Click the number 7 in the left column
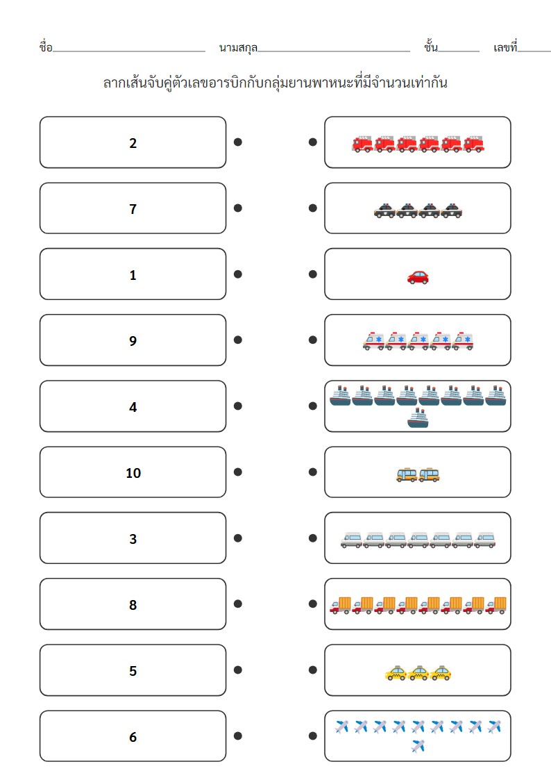(x=133, y=209)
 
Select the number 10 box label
(x=133, y=473)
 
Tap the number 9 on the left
(x=133, y=341)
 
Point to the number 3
(x=133, y=539)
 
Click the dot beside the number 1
(x=238, y=274)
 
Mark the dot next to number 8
(x=238, y=604)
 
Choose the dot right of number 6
(x=238, y=736)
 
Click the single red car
(x=418, y=277)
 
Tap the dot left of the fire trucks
(x=312, y=142)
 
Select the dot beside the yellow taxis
(x=312, y=670)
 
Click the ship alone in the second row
(x=418, y=418)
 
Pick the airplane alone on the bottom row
(x=418, y=746)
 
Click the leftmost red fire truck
(x=362, y=144)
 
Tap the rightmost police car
(x=451, y=211)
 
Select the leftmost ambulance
(x=373, y=341)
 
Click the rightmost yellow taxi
(x=441, y=672)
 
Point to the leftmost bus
(x=407, y=475)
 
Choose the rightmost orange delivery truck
(x=496, y=606)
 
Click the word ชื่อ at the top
(x=46, y=47)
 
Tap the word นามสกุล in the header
(x=239, y=48)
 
